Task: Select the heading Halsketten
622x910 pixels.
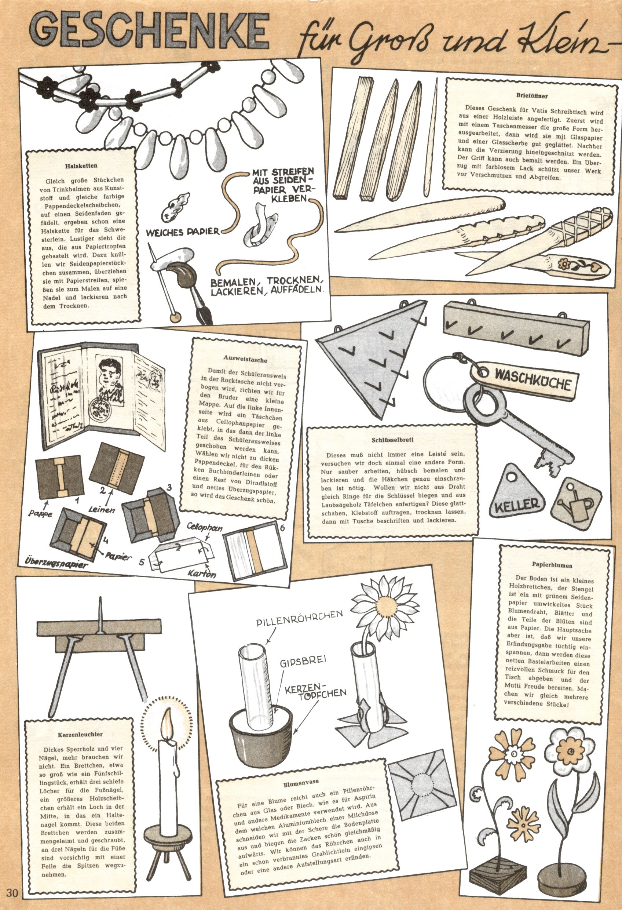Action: coord(81,166)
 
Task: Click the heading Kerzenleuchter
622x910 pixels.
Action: coord(80,735)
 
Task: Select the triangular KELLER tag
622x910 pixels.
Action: coord(517,491)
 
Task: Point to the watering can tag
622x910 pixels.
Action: coord(575,501)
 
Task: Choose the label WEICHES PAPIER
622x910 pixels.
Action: coord(182,232)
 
